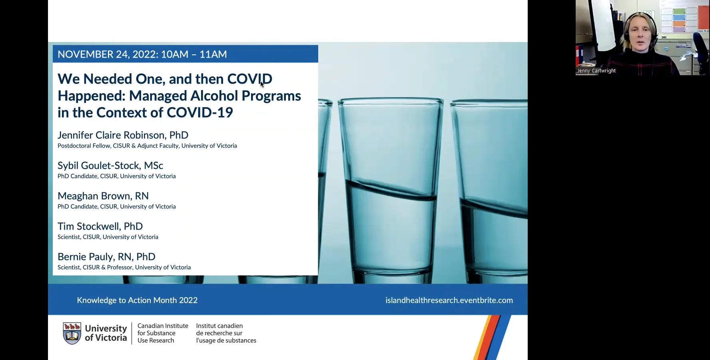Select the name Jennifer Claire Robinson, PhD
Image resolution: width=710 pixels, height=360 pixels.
(123, 135)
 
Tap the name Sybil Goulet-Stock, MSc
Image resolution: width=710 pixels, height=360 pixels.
(110, 166)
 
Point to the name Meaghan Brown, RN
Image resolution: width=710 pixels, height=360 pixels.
(103, 196)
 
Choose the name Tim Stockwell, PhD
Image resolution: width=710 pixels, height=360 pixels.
(100, 226)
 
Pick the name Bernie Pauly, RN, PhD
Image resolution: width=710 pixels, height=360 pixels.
(106, 257)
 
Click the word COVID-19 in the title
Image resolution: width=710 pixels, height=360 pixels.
(199, 113)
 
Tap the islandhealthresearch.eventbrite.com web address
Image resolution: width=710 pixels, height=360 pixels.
(449, 300)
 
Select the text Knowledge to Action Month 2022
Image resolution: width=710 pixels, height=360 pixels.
(137, 300)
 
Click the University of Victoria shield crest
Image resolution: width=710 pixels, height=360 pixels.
(72, 333)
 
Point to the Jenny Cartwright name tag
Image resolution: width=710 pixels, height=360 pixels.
(596, 71)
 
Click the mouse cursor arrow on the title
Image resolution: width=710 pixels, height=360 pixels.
(262, 84)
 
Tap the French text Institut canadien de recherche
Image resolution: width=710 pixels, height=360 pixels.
(226, 333)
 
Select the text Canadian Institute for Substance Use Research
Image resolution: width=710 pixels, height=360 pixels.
(163, 333)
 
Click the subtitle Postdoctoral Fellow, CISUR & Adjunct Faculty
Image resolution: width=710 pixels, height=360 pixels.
(147, 146)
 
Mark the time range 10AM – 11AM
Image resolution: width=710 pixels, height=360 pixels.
(194, 54)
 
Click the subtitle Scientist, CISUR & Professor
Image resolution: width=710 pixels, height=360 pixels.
(124, 268)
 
